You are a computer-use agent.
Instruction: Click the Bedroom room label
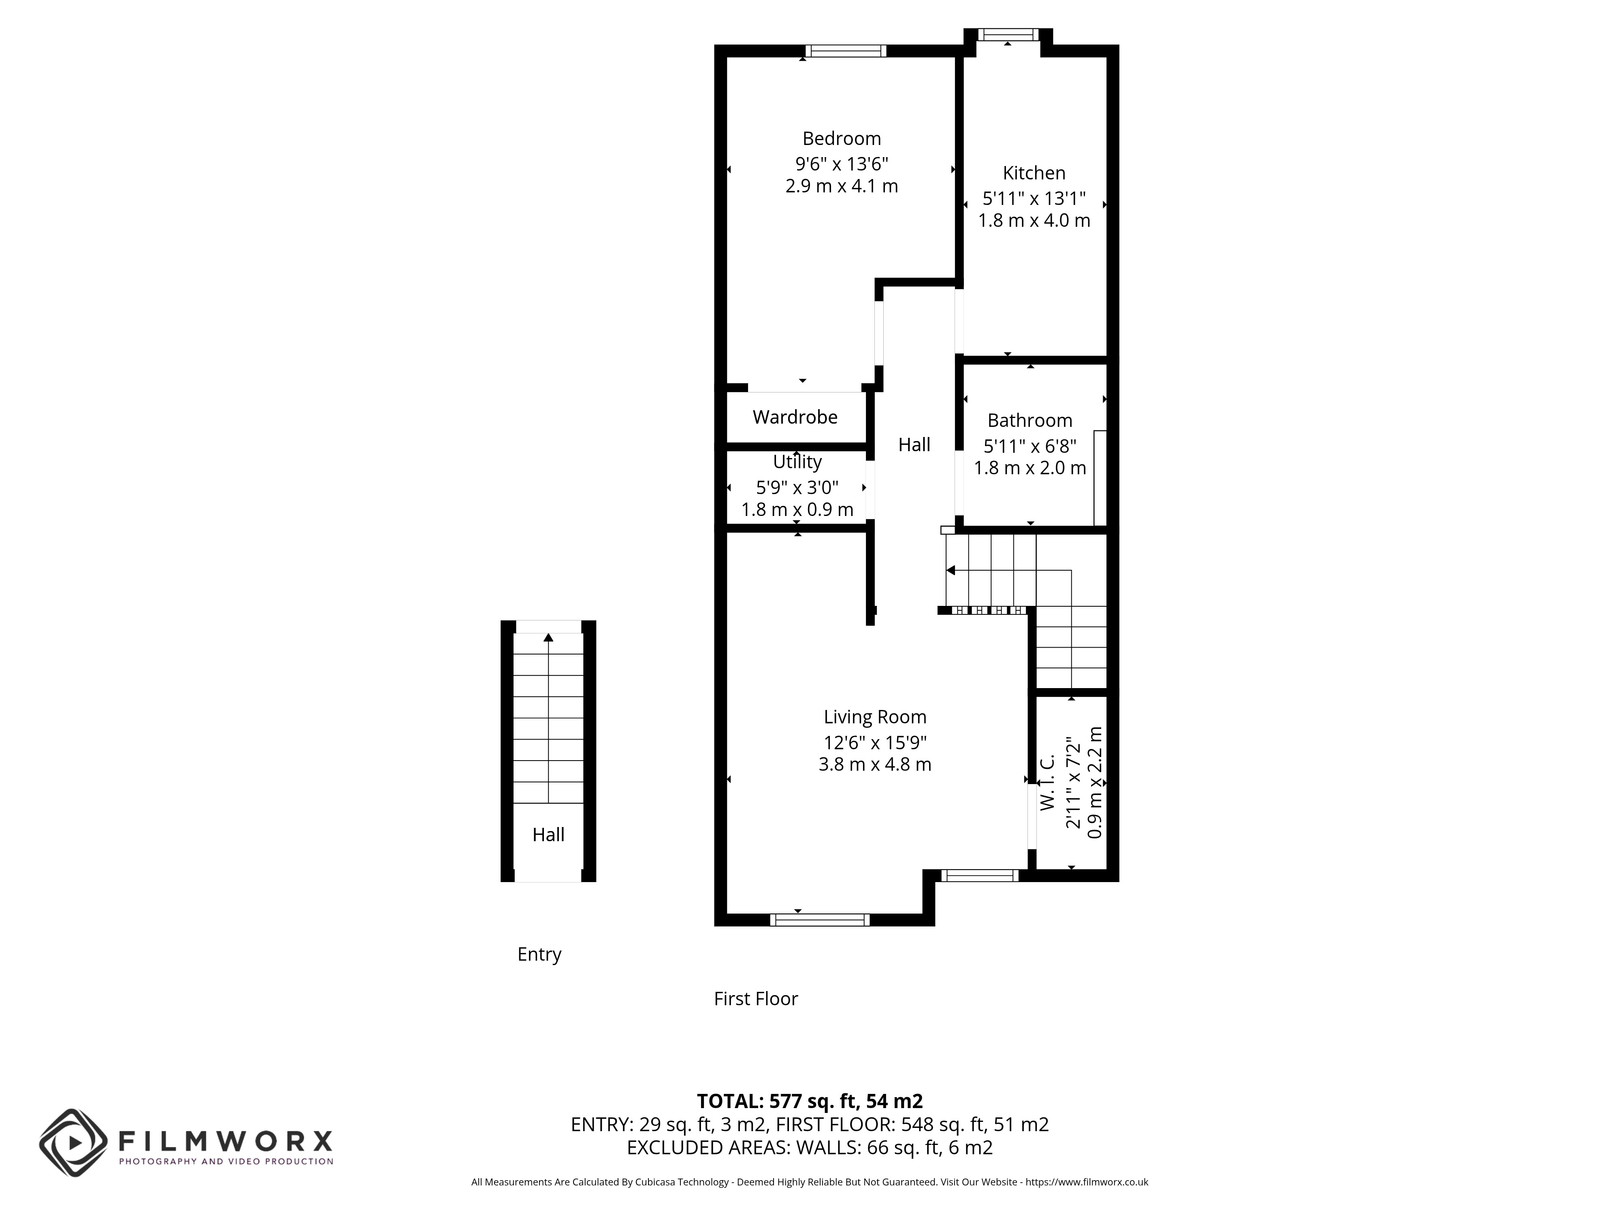(842, 139)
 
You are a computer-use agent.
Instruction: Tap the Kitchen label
(1034, 173)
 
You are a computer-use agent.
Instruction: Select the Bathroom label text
(1030, 420)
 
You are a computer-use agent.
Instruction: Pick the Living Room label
(875, 717)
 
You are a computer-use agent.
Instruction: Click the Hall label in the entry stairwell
(548, 834)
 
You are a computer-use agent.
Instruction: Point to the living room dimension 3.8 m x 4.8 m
(875, 765)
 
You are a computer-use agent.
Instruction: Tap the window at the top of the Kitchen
(1008, 34)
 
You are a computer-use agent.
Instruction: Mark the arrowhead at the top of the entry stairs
(548, 637)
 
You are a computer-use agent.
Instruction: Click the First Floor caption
(756, 999)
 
